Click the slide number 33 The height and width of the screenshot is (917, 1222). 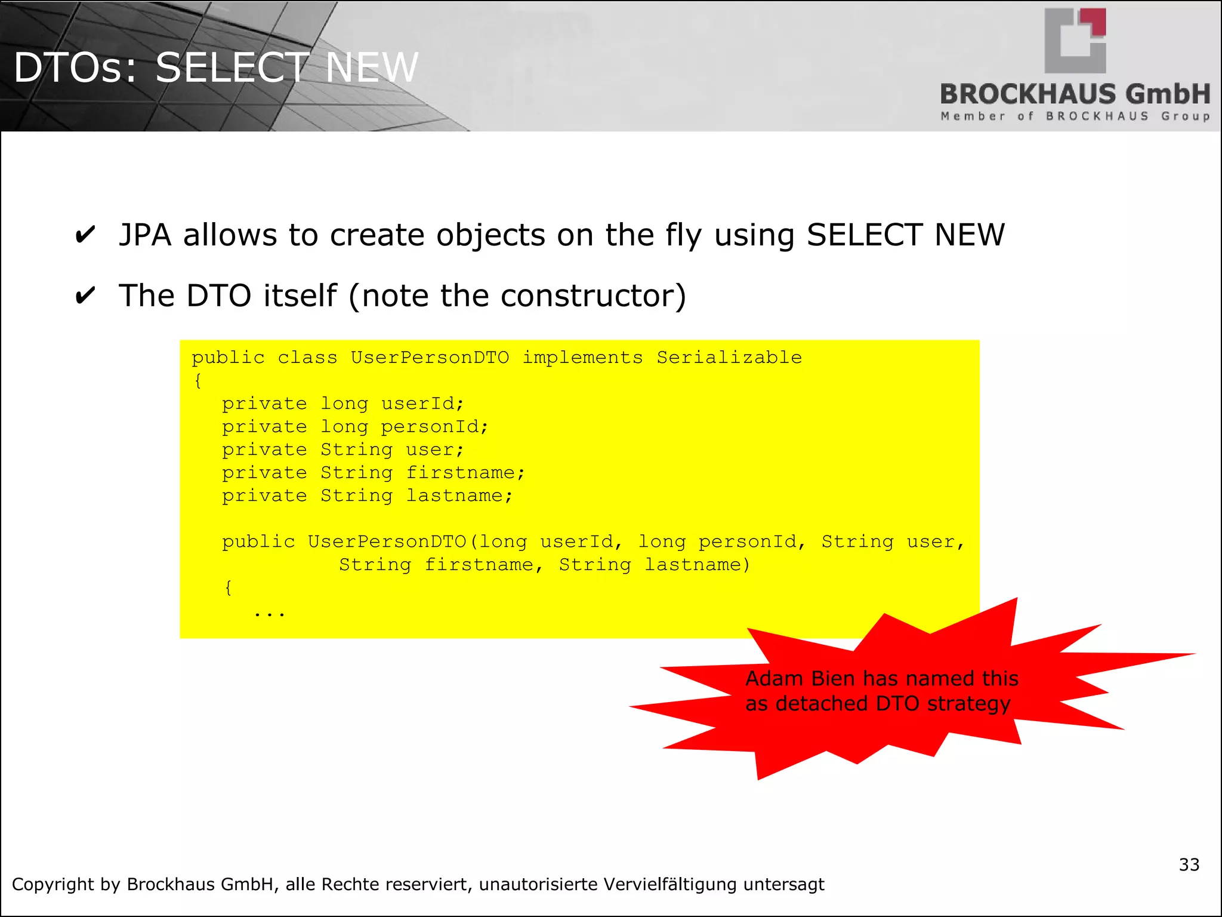1189,864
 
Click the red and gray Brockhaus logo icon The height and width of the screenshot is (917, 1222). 1075,41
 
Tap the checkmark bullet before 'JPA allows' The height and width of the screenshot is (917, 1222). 85,235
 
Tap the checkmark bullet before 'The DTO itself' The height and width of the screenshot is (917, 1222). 85,296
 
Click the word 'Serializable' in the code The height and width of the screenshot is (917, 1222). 729,358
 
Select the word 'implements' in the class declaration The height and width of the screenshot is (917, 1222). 582,358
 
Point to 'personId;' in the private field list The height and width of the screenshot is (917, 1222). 434,427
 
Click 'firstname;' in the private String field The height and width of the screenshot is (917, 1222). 465,473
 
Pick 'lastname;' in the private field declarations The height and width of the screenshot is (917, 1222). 459,496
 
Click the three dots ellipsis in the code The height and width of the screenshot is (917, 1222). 270,613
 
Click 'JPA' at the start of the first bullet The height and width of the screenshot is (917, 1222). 145,235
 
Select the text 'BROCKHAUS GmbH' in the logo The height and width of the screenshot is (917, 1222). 1075,94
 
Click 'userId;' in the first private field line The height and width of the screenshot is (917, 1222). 422,404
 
